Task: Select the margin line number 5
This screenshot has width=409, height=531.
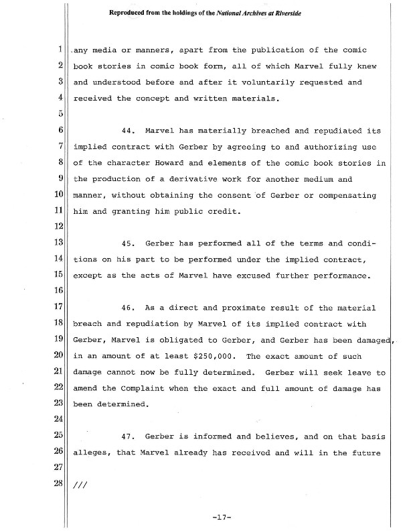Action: point(60,114)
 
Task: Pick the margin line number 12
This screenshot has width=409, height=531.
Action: point(59,227)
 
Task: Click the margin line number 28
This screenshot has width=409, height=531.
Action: point(59,485)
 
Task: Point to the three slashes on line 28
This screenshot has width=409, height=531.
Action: point(80,485)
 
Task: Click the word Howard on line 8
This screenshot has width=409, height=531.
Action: point(161,162)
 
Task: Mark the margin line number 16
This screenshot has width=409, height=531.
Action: point(59,291)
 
